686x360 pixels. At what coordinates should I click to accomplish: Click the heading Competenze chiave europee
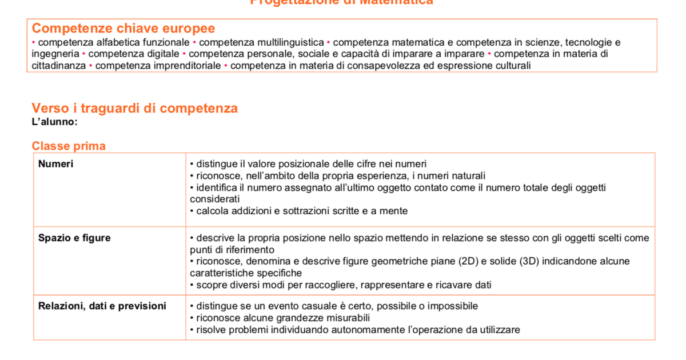tap(123, 29)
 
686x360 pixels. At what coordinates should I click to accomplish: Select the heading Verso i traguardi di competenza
tap(135, 109)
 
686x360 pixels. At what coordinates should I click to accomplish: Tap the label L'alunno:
tap(55, 122)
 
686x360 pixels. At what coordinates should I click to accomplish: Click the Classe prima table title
tap(69, 146)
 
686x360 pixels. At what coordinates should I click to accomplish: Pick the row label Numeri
tap(55, 164)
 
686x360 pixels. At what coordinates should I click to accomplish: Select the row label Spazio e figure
tap(74, 238)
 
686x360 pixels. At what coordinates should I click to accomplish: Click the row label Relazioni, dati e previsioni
tap(102, 306)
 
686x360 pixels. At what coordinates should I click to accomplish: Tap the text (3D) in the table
tap(529, 262)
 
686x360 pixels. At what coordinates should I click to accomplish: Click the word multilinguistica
tap(290, 42)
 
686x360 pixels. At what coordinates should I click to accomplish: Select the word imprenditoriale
tap(187, 66)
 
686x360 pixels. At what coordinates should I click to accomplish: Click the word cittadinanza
tap(58, 66)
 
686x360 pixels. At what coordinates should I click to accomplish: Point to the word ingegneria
tap(55, 54)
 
